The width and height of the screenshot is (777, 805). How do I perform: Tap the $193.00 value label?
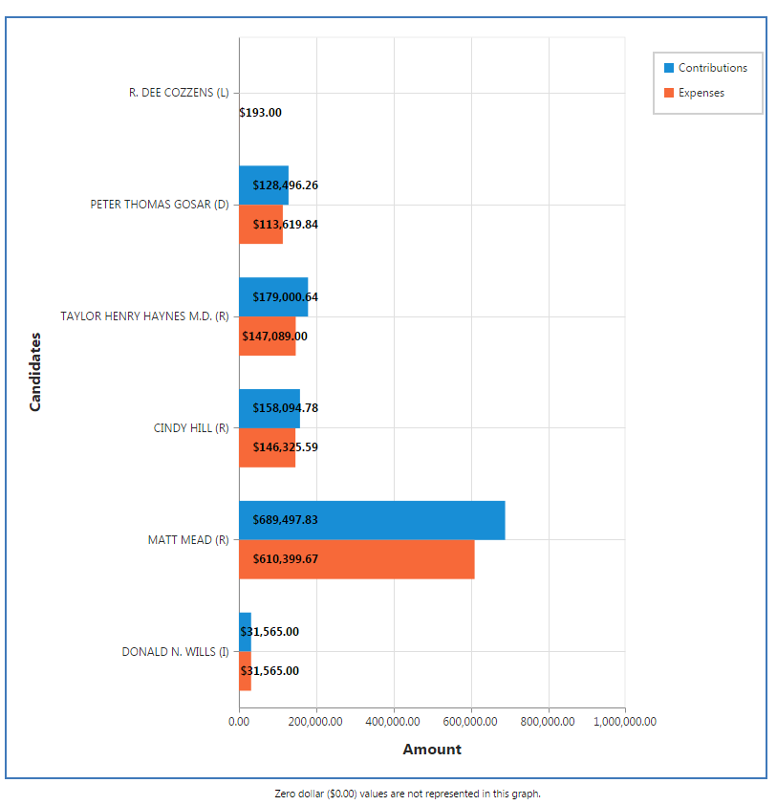coord(260,113)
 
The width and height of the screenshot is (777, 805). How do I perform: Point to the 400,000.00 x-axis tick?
coord(393,722)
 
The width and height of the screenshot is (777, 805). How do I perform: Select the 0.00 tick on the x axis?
coord(239,722)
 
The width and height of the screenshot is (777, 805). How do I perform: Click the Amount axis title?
coord(432,750)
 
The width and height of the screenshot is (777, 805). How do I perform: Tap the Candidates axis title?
coord(35,372)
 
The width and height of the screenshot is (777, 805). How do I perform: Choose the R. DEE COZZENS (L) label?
coord(179,93)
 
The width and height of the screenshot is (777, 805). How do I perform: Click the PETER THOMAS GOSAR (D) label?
coord(160,205)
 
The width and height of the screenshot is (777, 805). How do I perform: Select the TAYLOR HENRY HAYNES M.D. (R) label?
coord(144,315)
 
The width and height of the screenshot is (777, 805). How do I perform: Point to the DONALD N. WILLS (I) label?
coord(175,651)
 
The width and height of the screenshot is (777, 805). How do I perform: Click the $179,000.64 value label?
coord(285,297)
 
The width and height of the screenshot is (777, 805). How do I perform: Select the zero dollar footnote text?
coord(407,794)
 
